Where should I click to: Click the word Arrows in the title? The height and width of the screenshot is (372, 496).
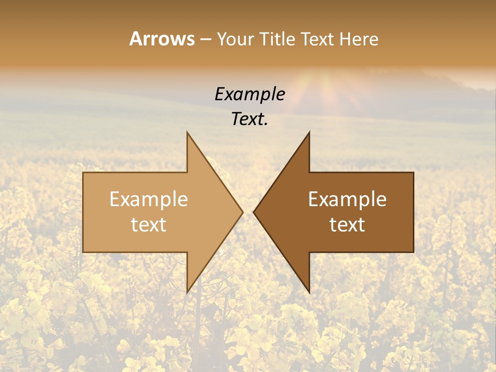(162, 39)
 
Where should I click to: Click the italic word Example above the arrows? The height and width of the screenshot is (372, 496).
(250, 95)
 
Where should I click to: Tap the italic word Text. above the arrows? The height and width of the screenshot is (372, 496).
(250, 119)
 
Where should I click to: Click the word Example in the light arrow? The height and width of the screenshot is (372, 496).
(148, 199)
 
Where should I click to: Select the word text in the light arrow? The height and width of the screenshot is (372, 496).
(148, 224)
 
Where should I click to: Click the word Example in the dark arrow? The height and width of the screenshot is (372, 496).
(347, 199)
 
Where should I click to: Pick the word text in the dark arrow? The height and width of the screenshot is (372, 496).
(347, 224)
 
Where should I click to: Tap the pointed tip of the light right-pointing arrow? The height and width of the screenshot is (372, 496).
(242, 212)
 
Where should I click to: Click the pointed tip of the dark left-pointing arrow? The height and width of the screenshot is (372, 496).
(254, 212)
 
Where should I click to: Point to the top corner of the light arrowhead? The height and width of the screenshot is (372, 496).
(188, 133)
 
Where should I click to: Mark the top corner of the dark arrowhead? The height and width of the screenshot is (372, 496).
(309, 133)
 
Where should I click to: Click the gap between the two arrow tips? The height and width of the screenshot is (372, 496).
(248, 212)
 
